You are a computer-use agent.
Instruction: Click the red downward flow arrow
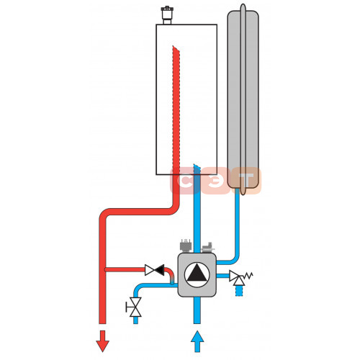pyautogui.click(x=102, y=341)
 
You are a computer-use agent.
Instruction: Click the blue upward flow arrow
pyautogui.click(x=197, y=341)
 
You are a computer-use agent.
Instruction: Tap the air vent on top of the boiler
pyautogui.click(x=166, y=15)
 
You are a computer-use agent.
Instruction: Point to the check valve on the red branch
pyautogui.click(x=155, y=270)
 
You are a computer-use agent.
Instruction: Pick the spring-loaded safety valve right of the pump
pyautogui.click(x=240, y=278)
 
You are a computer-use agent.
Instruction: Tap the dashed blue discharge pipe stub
pyautogui.click(x=239, y=291)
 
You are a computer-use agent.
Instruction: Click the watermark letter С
pyautogui.click(x=185, y=181)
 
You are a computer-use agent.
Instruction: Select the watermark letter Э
pyautogui.click(x=215, y=181)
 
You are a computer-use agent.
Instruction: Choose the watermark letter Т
pyautogui.click(x=246, y=180)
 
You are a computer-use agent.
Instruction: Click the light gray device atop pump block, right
pyautogui.click(x=208, y=248)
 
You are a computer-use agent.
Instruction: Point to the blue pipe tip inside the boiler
pyautogui.click(x=197, y=166)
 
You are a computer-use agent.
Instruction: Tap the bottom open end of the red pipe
pyautogui.click(x=102, y=323)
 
